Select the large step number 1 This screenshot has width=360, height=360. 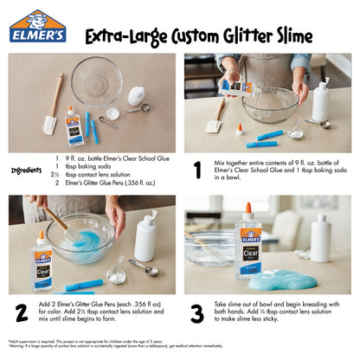197,169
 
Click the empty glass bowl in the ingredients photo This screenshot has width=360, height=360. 96,81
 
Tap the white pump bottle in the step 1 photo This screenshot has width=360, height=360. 320,102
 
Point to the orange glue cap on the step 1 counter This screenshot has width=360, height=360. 240,129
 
